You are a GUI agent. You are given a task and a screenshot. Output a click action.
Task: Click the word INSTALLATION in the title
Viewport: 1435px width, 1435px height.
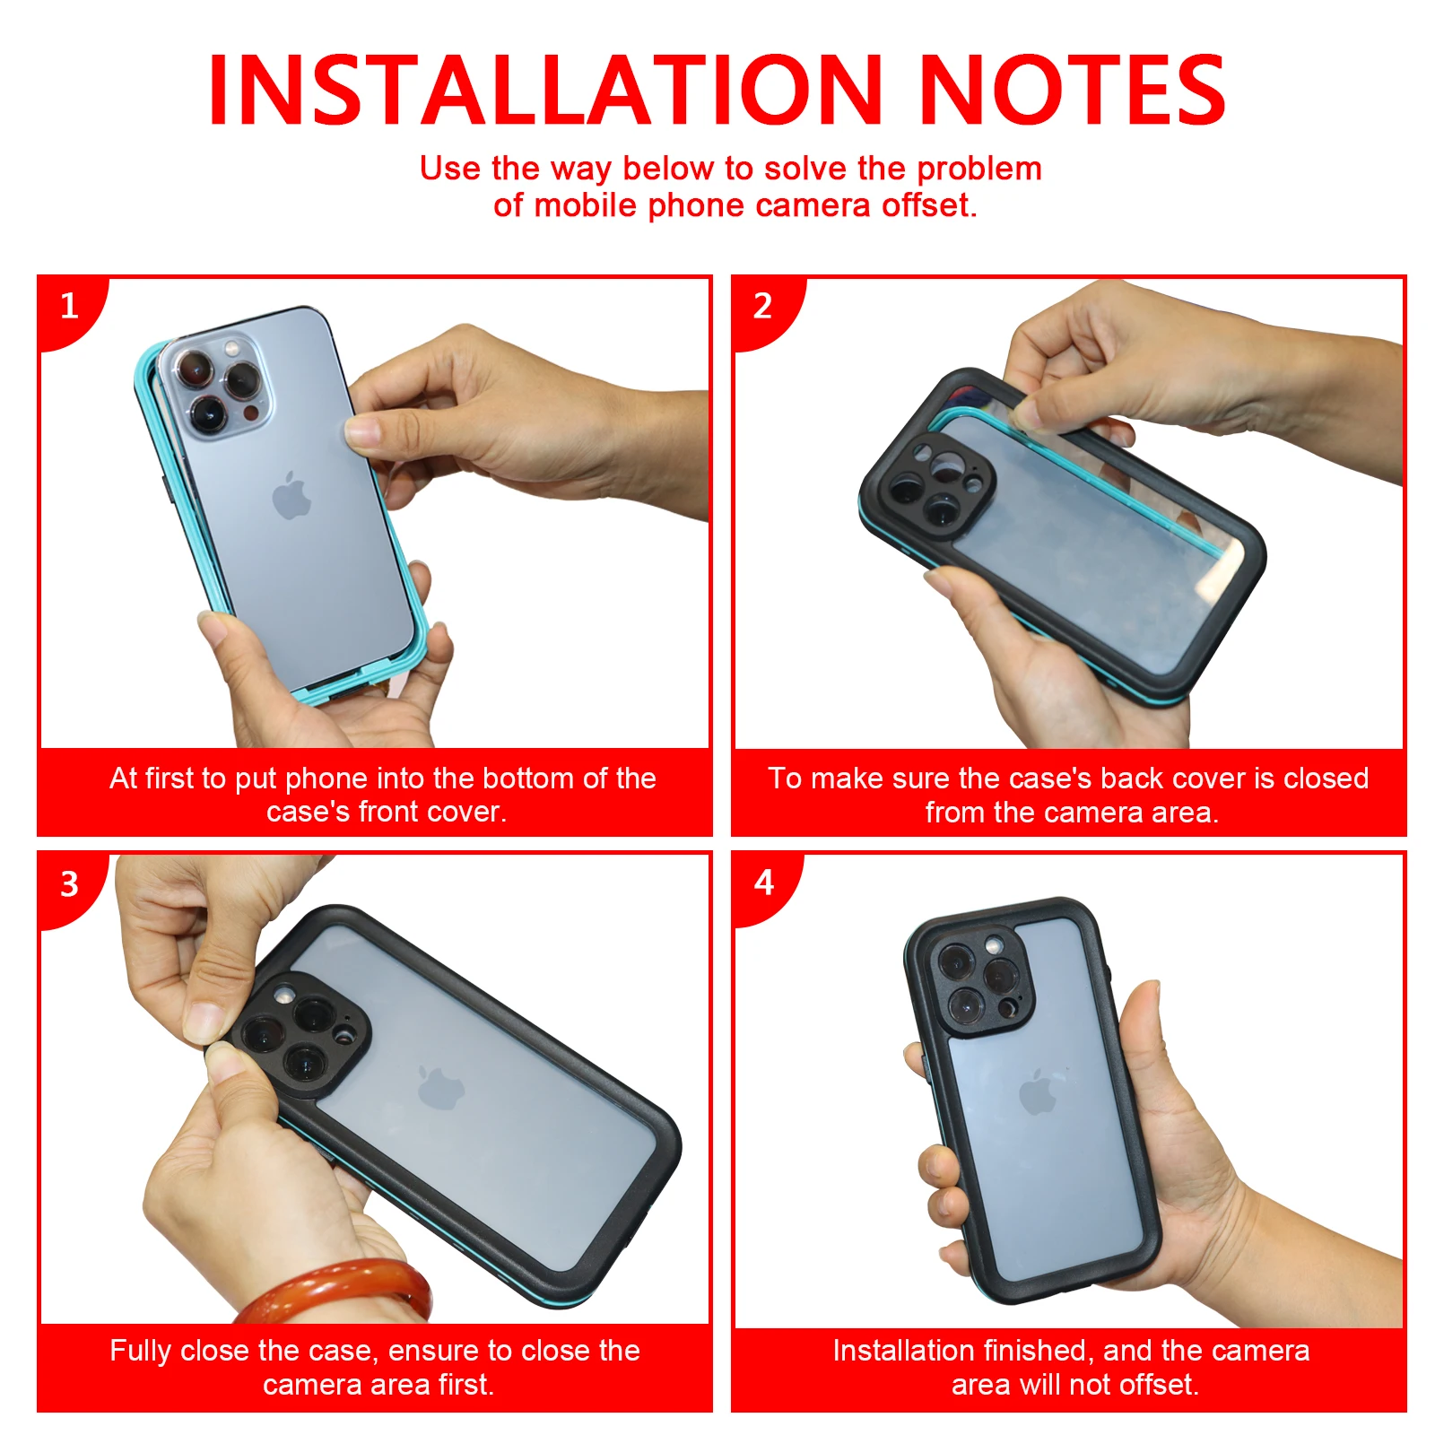point(545,90)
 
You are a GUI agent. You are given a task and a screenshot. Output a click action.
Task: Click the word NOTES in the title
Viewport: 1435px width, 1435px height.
point(1073,90)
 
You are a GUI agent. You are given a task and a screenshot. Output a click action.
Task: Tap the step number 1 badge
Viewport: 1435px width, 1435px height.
point(70,308)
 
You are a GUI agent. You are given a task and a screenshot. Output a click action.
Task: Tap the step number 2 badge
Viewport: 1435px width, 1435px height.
point(764,308)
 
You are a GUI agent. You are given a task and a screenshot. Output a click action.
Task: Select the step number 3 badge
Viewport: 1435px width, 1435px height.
point(70,885)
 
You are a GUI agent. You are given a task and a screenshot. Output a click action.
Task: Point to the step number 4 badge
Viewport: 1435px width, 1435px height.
point(764,883)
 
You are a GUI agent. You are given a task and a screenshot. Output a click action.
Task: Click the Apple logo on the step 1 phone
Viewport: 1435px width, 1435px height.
point(291,495)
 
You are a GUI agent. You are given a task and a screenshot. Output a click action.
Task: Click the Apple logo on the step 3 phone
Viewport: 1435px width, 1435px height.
point(440,1088)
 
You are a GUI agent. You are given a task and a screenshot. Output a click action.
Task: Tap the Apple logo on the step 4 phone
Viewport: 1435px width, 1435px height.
point(1039,1091)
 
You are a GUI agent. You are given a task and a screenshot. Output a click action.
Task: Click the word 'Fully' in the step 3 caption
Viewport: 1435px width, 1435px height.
point(141,1352)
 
